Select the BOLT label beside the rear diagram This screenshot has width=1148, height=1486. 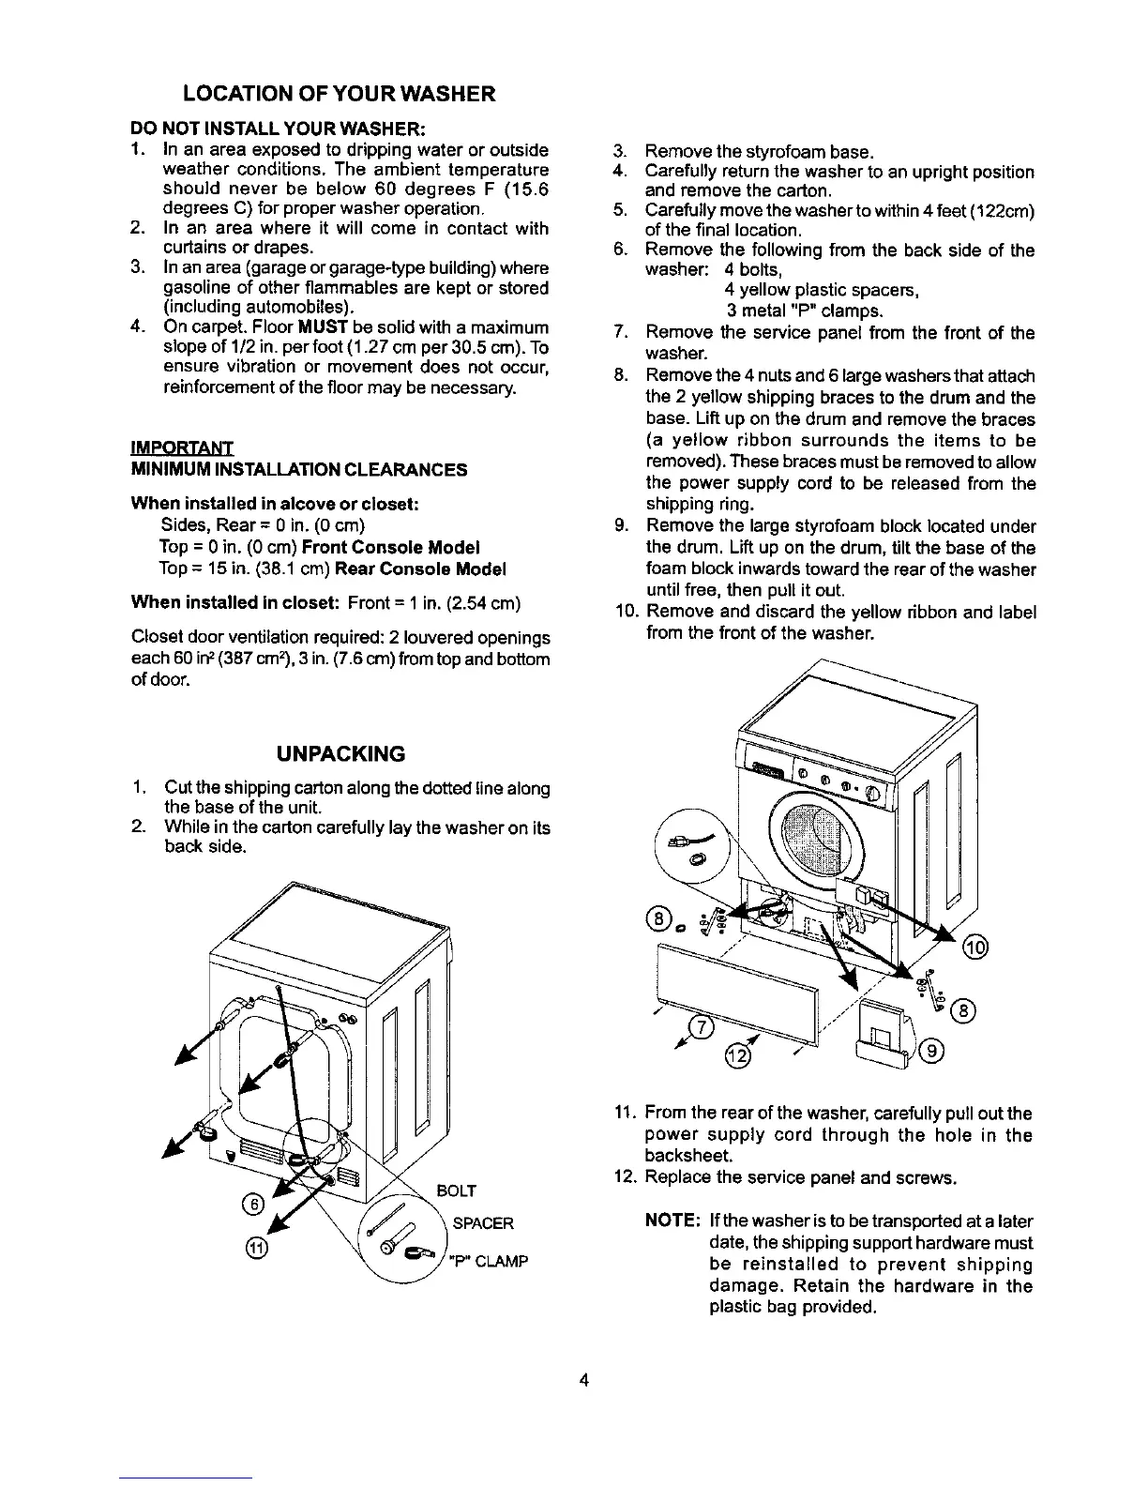pyautogui.click(x=458, y=1190)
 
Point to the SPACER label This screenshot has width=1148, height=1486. pyautogui.click(x=483, y=1223)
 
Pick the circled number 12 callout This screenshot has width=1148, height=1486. pyautogui.click(x=740, y=1058)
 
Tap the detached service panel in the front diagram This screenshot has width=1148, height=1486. pyautogui.click(x=736, y=985)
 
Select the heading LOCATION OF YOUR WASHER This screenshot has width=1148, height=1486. pyautogui.click(x=340, y=94)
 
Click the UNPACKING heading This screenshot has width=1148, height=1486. pyautogui.click(x=340, y=754)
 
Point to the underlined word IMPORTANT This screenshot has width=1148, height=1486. pyautogui.click(x=182, y=447)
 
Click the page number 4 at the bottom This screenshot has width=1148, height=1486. pyautogui.click(x=584, y=1380)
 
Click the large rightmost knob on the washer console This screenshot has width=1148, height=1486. pyautogui.click(x=873, y=794)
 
